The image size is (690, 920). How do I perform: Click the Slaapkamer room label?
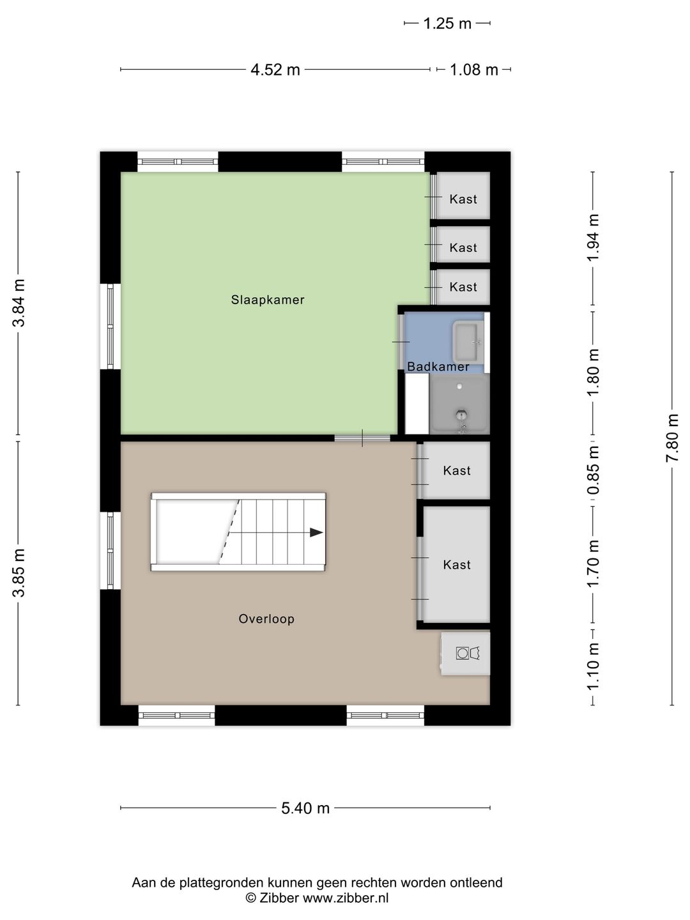coord(268,300)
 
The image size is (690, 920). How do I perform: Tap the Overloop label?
coord(266,618)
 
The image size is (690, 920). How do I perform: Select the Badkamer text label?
coord(438,366)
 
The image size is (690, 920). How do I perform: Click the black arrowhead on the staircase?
coord(316,532)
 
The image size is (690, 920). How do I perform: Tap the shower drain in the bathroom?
coord(461,415)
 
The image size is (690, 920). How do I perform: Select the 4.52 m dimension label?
coord(275,70)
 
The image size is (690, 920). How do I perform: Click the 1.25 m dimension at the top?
coord(447,24)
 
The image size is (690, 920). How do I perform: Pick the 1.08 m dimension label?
coord(474,70)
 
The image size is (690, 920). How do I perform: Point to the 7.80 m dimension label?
coord(672,438)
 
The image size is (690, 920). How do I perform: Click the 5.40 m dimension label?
coord(305,808)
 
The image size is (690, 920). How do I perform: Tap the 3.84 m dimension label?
coord(19,303)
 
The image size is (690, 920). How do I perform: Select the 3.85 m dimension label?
coord(19,572)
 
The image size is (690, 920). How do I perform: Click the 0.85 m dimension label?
coord(593,470)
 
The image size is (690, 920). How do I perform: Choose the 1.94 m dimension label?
coord(593,238)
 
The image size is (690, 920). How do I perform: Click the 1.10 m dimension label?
coord(593,666)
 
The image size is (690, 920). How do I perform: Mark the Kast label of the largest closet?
coord(457,565)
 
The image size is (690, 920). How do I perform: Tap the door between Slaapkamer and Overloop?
coord(362,438)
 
